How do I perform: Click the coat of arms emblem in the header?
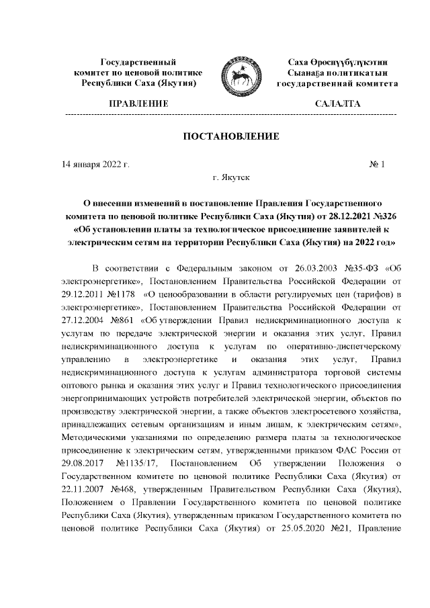(239, 73)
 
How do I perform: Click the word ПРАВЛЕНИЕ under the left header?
(138, 104)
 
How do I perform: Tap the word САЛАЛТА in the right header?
(337, 104)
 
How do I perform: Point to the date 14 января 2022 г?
(95, 164)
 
